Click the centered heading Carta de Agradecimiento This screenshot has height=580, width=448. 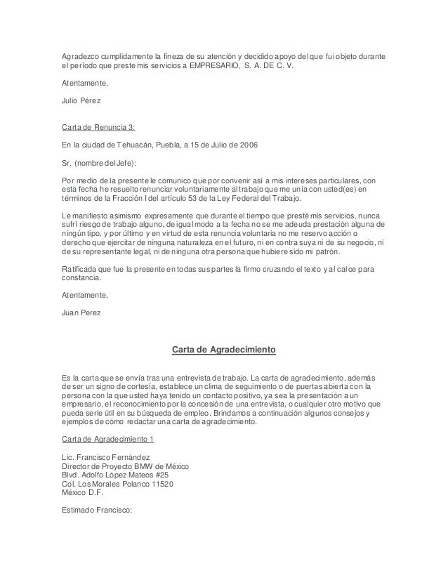tap(223, 349)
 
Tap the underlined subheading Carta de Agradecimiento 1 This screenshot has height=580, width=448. tap(107, 439)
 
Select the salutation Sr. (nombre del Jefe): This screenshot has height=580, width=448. tap(100, 163)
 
